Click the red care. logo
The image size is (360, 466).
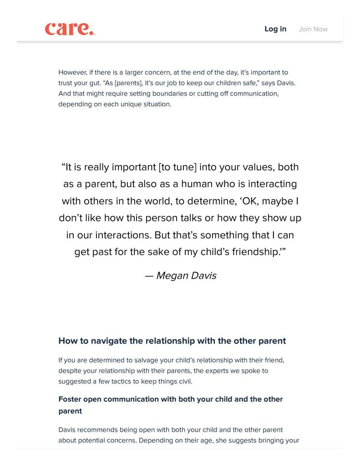(70, 29)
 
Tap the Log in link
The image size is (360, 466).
(275, 29)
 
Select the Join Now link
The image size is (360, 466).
(313, 29)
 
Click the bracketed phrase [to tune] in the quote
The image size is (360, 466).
(177, 167)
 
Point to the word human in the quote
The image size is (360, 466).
(198, 184)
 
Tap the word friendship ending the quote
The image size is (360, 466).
(255, 252)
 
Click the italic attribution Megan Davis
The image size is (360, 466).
(186, 276)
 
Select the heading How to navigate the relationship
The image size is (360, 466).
(172, 341)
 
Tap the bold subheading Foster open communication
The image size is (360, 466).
(170, 405)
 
